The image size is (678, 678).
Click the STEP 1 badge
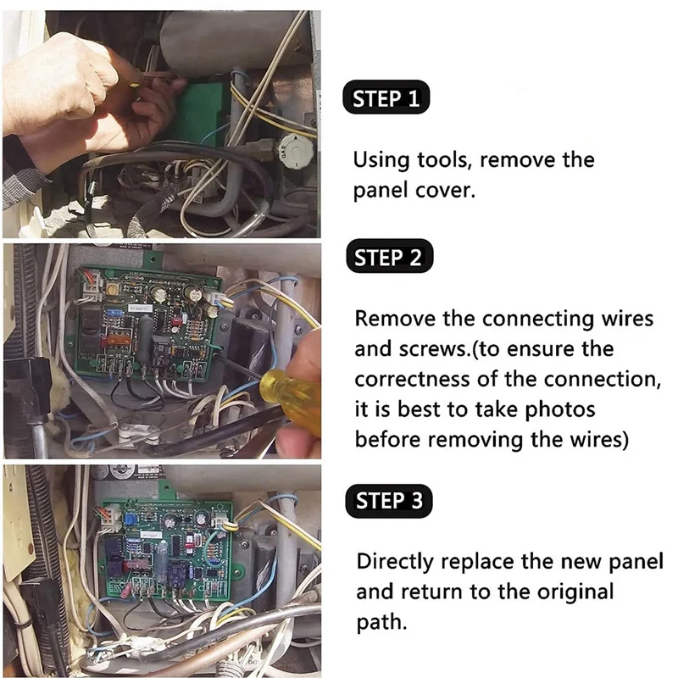[386, 99]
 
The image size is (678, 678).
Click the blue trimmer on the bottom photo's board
[130, 518]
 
